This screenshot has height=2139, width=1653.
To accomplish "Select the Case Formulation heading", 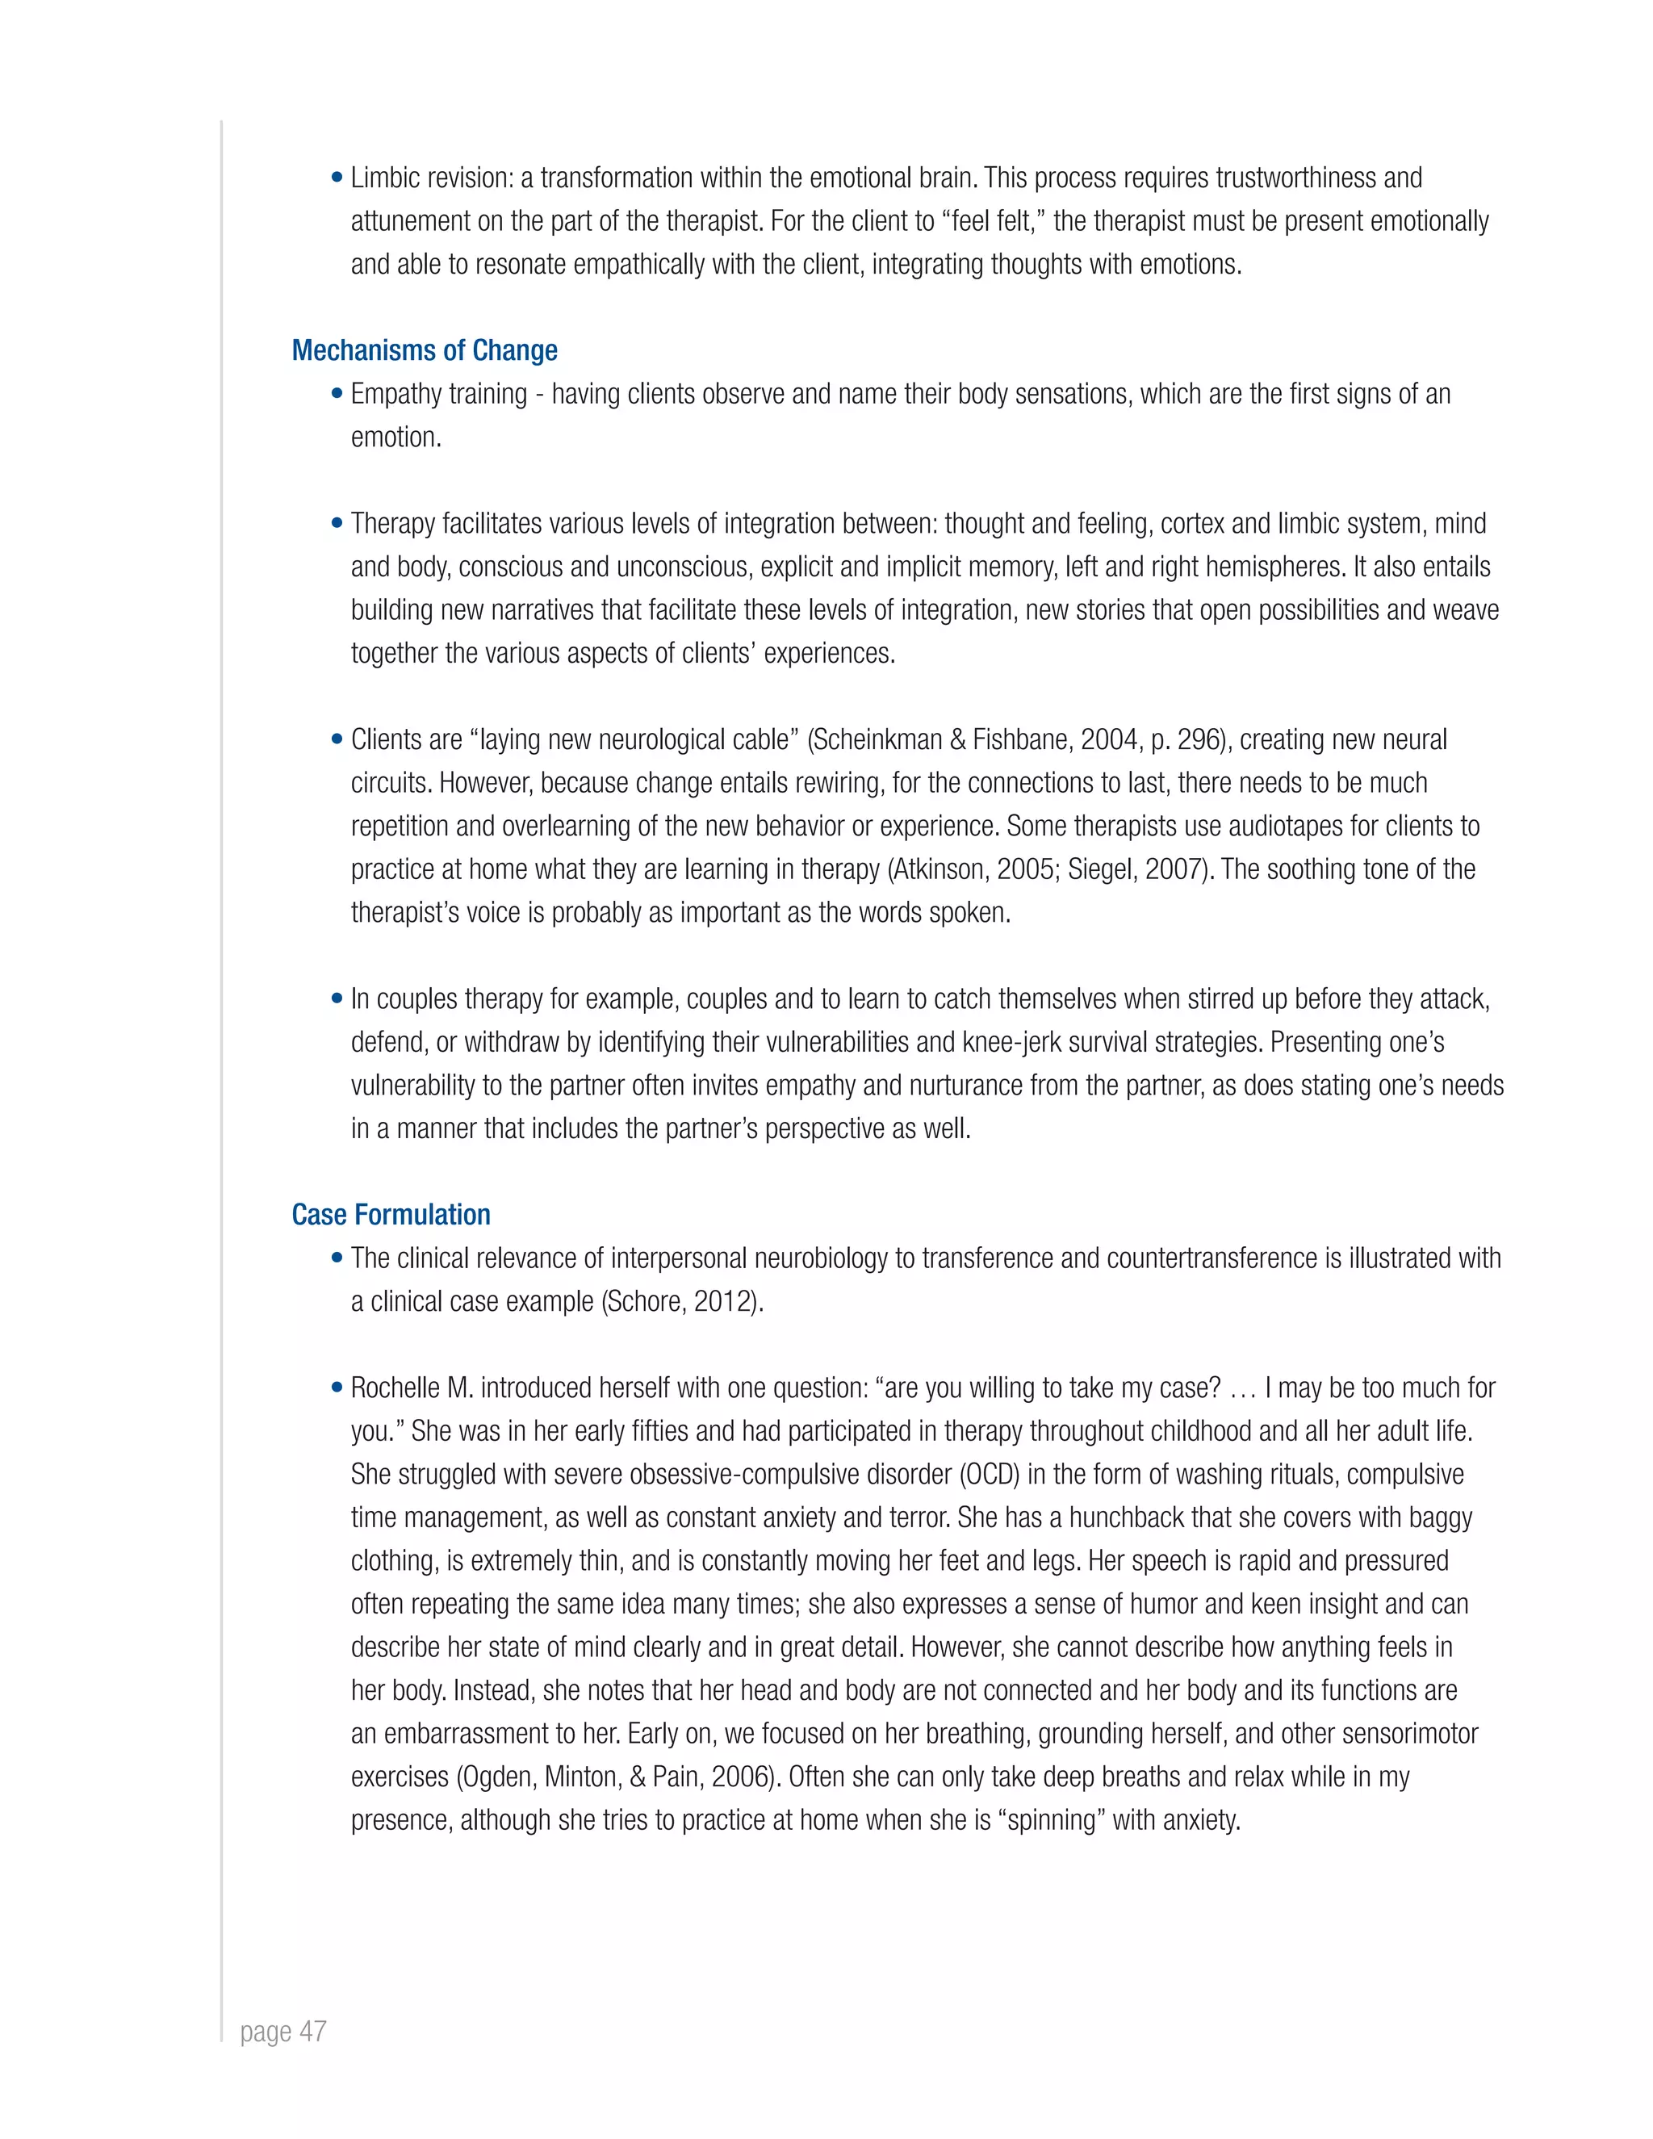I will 391,1215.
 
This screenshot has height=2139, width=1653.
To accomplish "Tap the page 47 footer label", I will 283,2032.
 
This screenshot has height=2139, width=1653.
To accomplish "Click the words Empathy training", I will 439,394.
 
